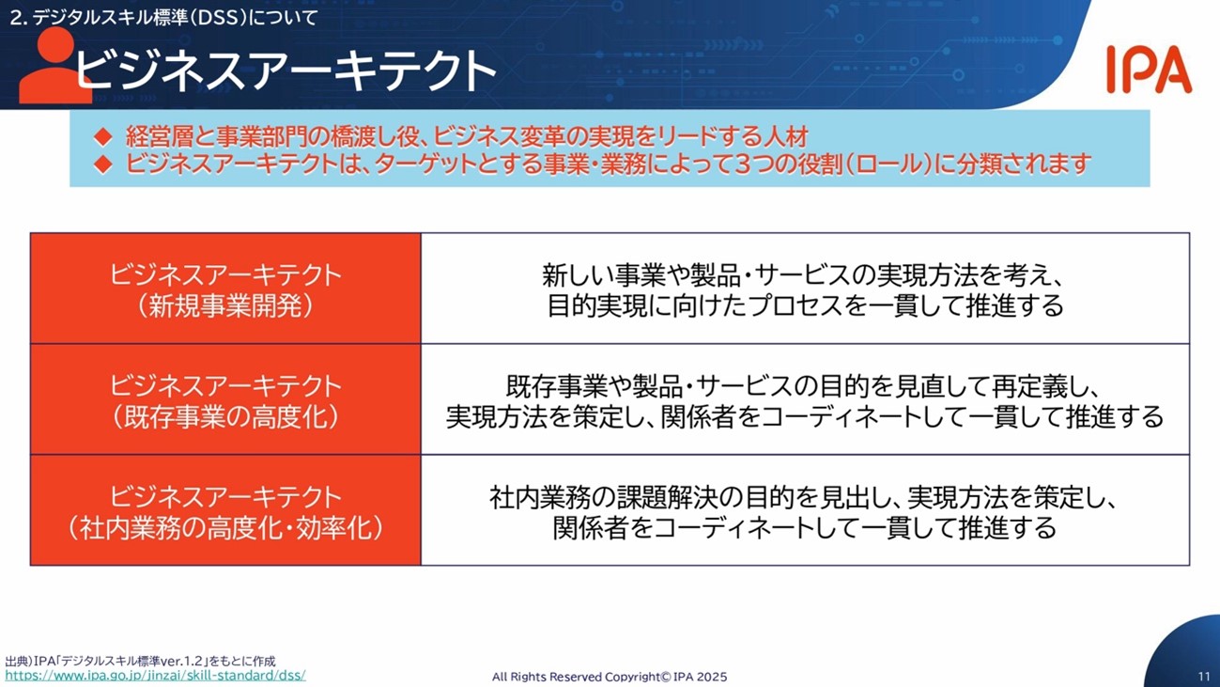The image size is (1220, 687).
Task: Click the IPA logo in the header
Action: pos(1150,70)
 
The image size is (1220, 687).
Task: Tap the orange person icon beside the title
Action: pos(54,66)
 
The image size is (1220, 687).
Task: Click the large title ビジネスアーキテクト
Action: pos(285,70)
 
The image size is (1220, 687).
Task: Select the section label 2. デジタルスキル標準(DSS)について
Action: pos(163,18)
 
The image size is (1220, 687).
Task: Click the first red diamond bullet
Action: pos(103,136)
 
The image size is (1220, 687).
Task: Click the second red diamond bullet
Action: pos(103,164)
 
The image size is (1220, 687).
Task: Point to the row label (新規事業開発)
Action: pos(225,306)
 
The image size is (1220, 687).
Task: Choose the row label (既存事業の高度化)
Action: pos(225,417)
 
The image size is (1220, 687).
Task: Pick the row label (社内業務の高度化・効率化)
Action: pos(225,528)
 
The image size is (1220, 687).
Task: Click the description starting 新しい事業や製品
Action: pos(805,289)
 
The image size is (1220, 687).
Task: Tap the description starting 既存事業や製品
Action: pos(805,401)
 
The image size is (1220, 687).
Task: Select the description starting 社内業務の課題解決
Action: pos(805,512)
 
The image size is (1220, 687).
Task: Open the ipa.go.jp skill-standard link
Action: pos(155,676)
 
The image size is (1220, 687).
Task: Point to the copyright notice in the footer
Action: pos(610,677)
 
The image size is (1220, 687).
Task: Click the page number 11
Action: pos(1204,676)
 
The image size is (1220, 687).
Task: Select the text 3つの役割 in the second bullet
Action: pos(786,164)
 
